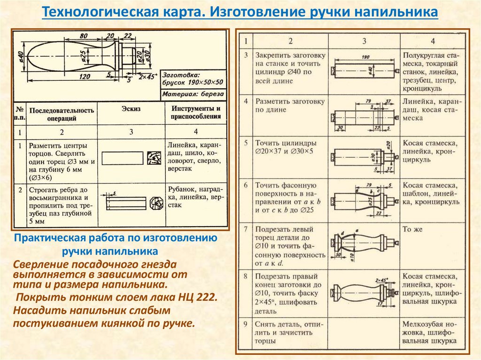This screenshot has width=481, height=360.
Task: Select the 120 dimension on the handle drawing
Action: tap(85, 77)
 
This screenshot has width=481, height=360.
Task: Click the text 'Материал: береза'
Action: tap(193, 94)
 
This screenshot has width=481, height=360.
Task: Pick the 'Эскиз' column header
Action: tap(131, 109)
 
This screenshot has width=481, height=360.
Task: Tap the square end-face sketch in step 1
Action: tap(154, 158)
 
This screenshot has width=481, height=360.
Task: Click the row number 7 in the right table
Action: tap(245, 230)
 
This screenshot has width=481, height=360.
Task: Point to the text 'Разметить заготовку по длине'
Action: tap(290, 106)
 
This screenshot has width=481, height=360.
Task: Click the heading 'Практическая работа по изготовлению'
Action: tap(116, 237)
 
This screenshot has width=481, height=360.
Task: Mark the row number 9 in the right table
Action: tap(245, 324)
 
